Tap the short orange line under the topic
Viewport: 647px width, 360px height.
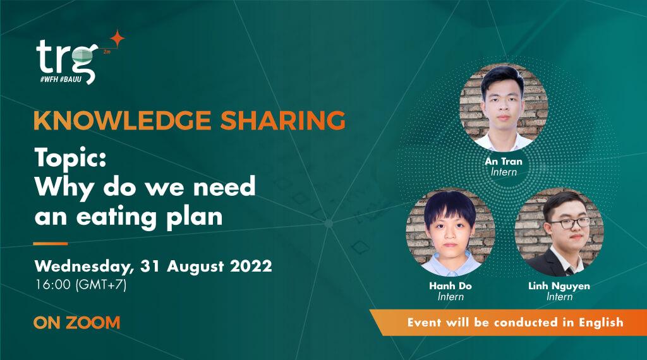pyautogui.click(x=51, y=243)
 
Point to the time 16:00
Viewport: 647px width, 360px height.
pyautogui.click(x=54, y=285)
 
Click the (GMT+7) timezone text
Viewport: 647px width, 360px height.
pyautogui.click(x=101, y=285)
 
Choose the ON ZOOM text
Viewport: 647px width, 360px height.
pyautogui.click(x=76, y=323)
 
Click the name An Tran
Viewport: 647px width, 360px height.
pyautogui.click(x=504, y=161)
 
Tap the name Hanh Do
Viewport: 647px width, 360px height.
pyautogui.click(x=450, y=286)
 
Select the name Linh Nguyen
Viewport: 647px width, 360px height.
pyautogui.click(x=559, y=286)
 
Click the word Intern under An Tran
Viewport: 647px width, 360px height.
pyautogui.click(x=504, y=172)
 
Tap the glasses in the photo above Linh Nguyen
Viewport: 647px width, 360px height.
pyautogui.click(x=569, y=222)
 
